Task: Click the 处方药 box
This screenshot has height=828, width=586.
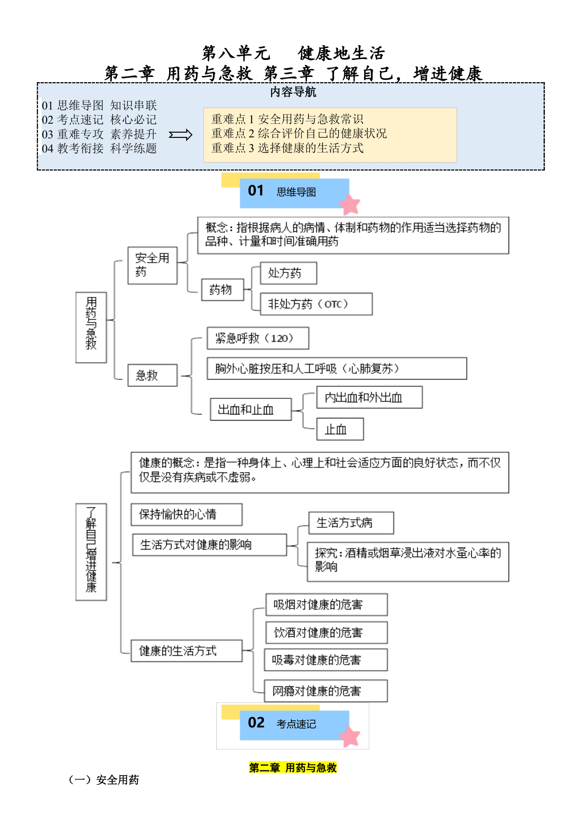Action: (289, 273)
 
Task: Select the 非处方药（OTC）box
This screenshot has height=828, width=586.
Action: (316, 304)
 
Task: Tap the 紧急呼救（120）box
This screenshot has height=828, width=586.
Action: (258, 338)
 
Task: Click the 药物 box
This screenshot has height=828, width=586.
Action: (223, 290)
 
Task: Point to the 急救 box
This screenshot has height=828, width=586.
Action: (153, 375)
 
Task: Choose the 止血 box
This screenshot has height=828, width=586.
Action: (340, 429)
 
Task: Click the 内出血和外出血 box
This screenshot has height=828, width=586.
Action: (369, 397)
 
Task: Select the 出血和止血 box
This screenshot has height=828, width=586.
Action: (251, 409)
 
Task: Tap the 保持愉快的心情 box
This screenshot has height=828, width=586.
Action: (187, 515)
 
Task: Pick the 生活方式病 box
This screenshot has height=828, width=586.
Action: (351, 523)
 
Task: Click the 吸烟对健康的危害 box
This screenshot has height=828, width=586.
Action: (327, 605)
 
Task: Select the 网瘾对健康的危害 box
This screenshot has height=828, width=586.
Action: (326, 691)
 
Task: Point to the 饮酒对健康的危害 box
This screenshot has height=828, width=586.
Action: (327, 633)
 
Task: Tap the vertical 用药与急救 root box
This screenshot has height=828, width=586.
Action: (91, 328)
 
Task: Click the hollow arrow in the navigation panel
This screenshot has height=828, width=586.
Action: (181, 135)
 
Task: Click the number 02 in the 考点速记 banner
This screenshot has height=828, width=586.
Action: (256, 723)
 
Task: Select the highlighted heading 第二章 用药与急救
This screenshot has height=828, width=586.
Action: (293, 768)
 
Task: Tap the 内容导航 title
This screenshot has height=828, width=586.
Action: (293, 92)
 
